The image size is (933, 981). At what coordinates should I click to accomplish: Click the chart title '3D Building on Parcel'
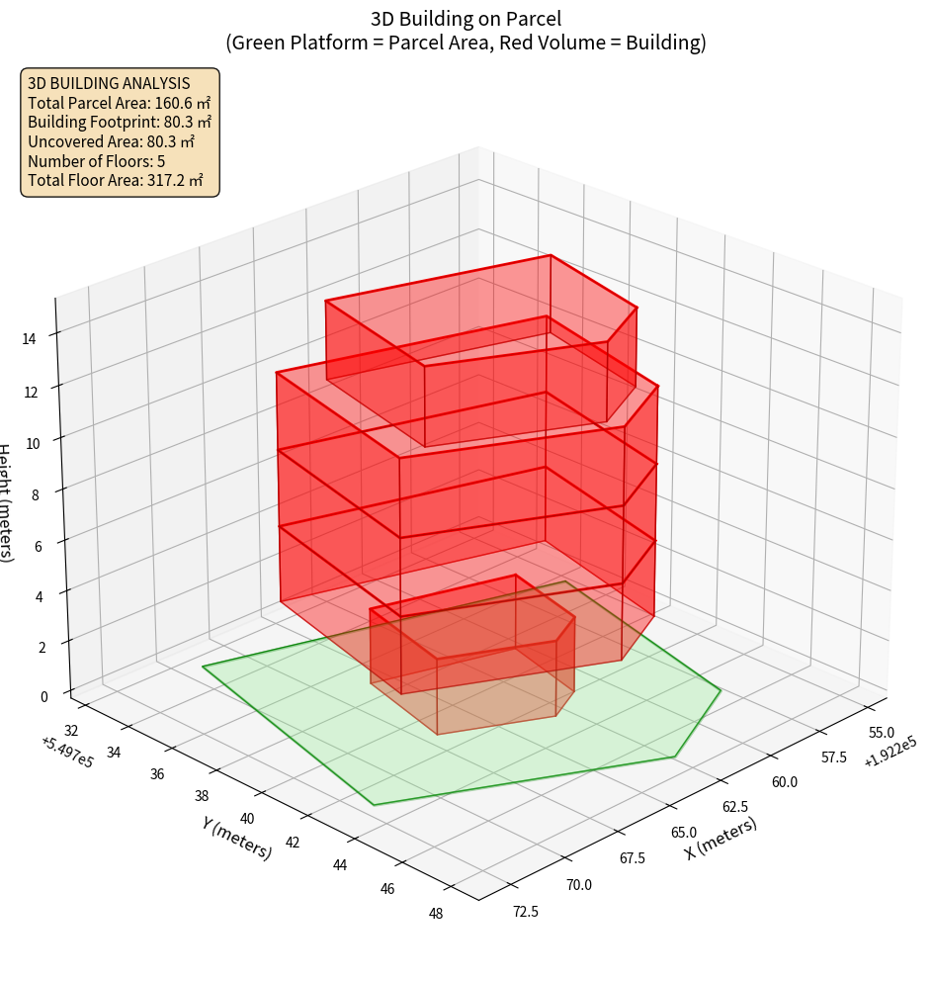pyautogui.click(x=466, y=18)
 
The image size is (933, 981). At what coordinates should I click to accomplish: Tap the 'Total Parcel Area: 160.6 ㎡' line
pyautogui.click(x=119, y=102)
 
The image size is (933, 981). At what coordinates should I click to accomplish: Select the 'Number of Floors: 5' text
pyautogui.click(x=97, y=161)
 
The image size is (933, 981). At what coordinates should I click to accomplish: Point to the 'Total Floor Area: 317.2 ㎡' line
pyautogui.click(x=116, y=181)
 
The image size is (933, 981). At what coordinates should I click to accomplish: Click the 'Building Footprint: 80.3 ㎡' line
pyautogui.click(x=120, y=122)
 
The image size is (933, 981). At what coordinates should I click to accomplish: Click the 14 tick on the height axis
pyautogui.click(x=29, y=339)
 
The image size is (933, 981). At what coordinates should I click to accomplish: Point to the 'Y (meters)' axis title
pyautogui.click(x=237, y=838)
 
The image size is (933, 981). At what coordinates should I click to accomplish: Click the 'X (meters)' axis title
pyautogui.click(x=721, y=838)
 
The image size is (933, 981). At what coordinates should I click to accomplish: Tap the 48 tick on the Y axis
pyautogui.click(x=436, y=913)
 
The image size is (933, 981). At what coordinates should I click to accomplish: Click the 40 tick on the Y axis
pyautogui.click(x=247, y=818)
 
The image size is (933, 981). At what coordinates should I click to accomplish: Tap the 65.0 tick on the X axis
pyautogui.click(x=683, y=833)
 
